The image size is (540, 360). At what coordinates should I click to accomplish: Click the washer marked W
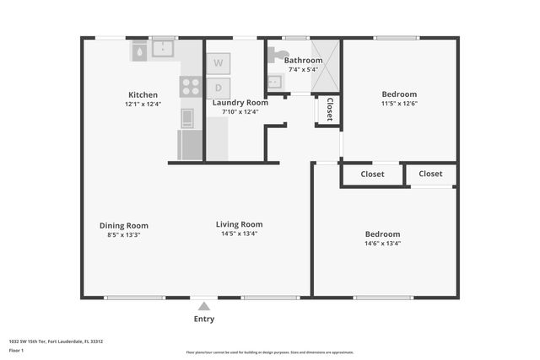click(x=219, y=62)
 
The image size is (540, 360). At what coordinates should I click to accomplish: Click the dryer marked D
click(x=219, y=86)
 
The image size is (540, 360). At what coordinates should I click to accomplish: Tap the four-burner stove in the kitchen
click(x=192, y=86)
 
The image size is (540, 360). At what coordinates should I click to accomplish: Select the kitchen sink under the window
click(x=163, y=51)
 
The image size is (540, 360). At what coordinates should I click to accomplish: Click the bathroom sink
click(x=274, y=83)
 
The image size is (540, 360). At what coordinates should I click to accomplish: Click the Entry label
click(x=204, y=320)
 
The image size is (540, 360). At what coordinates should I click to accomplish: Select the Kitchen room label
click(x=143, y=94)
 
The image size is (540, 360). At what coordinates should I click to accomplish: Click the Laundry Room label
click(x=240, y=102)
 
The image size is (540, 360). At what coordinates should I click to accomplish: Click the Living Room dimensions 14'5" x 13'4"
click(x=239, y=234)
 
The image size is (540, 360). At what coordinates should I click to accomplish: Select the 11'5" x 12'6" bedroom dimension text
click(x=399, y=104)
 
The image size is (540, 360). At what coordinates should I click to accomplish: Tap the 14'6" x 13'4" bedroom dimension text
click(x=382, y=244)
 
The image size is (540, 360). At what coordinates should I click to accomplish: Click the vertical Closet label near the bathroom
click(x=329, y=110)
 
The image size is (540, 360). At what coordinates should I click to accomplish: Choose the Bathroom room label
click(x=303, y=61)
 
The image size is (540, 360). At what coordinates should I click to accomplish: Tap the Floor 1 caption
click(x=16, y=349)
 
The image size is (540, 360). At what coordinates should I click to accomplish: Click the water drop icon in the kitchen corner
click(x=138, y=52)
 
